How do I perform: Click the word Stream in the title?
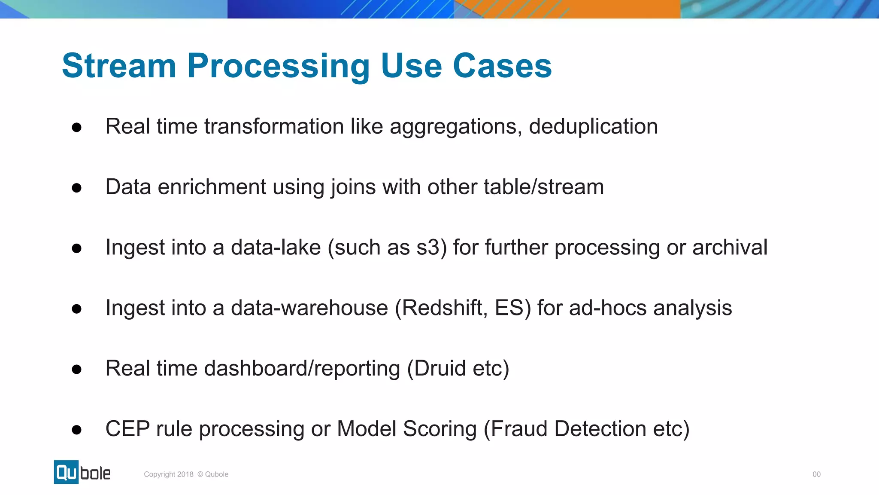tap(119, 66)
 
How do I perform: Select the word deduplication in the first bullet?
tap(593, 127)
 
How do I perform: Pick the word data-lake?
tap(276, 247)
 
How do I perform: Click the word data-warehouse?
tap(309, 308)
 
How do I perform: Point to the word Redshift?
tap(442, 308)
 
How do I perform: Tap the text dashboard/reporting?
tap(302, 369)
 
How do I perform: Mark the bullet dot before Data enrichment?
tap(77, 188)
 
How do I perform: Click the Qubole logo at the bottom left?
tap(82, 472)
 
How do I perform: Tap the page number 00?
tap(816, 474)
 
